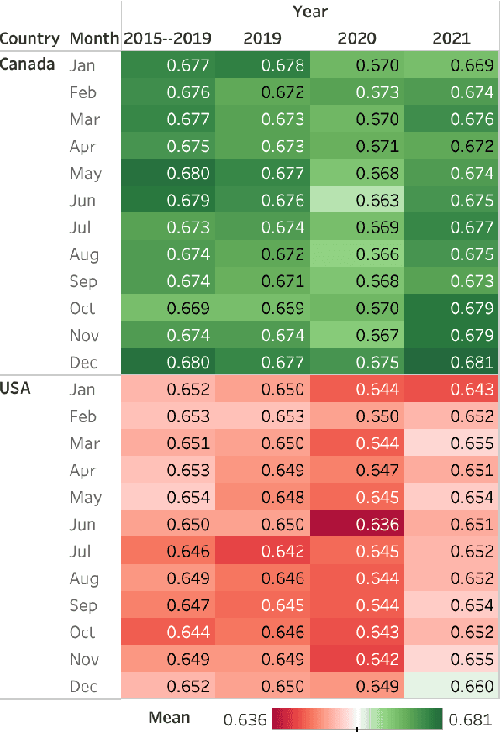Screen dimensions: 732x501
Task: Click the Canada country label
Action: click(28, 65)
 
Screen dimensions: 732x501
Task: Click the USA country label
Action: click(16, 389)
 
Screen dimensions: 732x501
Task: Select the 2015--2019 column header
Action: click(167, 38)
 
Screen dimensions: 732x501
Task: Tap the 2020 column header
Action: click(357, 38)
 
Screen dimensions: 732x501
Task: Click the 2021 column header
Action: click(451, 38)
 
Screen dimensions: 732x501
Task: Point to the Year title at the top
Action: click(310, 12)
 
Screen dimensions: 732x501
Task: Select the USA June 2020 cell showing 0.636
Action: click(357, 525)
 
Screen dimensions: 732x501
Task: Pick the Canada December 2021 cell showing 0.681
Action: click(452, 363)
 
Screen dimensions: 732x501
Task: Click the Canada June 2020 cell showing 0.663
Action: click(357, 201)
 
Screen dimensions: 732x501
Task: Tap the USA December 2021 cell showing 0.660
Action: click(452, 687)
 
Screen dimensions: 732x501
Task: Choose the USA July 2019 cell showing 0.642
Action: click(262, 552)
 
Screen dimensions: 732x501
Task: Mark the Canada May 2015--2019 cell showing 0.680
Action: click(167, 174)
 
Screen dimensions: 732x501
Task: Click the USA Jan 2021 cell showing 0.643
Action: click(452, 390)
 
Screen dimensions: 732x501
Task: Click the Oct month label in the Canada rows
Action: click(83, 309)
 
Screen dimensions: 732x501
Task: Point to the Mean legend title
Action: click(169, 717)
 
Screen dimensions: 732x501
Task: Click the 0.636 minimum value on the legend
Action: click(245, 719)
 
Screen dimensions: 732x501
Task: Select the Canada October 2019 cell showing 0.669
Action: click(262, 309)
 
